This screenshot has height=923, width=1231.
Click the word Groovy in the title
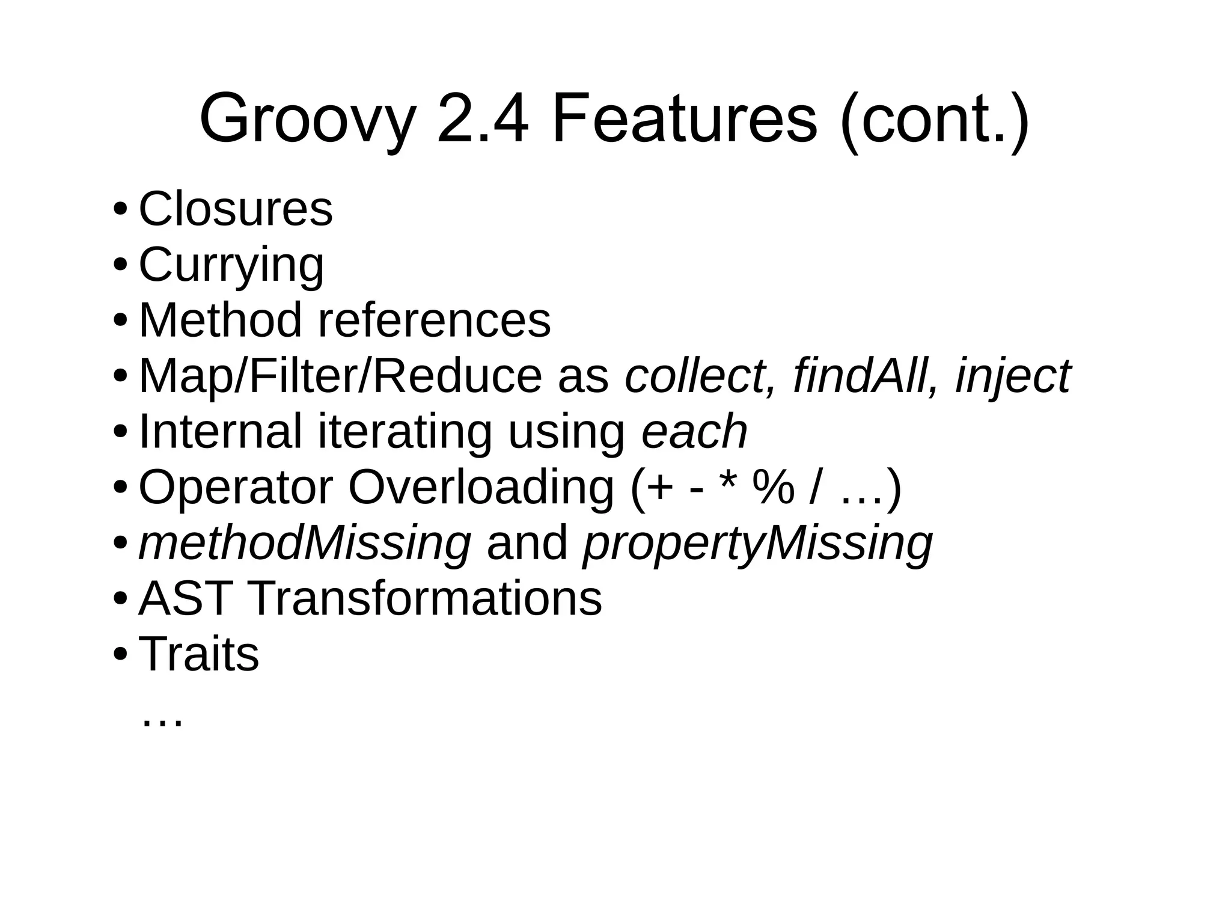coord(307,119)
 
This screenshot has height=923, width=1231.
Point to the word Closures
coord(236,209)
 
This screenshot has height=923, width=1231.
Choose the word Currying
coord(231,265)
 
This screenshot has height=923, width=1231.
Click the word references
coord(434,320)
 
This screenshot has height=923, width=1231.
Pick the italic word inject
coord(1013,377)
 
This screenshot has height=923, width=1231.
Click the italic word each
coord(694,431)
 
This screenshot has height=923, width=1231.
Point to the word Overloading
coord(481,487)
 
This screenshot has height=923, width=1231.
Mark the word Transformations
coord(424,598)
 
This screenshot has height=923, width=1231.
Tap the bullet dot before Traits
coord(120,654)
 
